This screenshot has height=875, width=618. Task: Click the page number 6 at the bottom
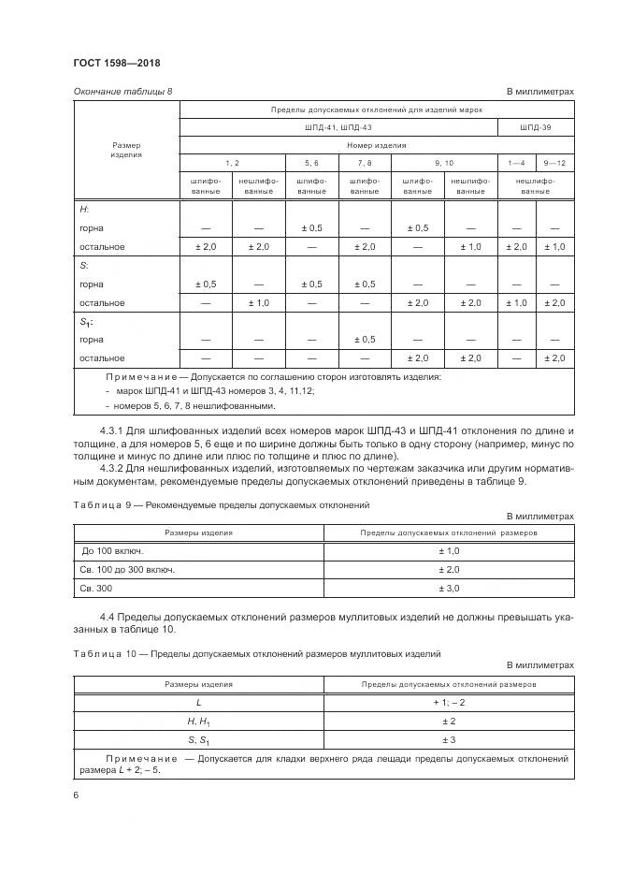coord(74,795)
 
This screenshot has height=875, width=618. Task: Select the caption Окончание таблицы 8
coord(122,91)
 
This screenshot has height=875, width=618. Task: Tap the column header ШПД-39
coord(535,126)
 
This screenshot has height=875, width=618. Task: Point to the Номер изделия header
coord(376,145)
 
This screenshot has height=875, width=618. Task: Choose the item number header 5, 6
coord(311,163)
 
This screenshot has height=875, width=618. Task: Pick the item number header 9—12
coord(553,163)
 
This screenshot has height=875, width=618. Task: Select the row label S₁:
coord(87,322)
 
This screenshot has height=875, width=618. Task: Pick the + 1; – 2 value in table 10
coord(449,701)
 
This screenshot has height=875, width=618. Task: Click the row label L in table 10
coord(198,701)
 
